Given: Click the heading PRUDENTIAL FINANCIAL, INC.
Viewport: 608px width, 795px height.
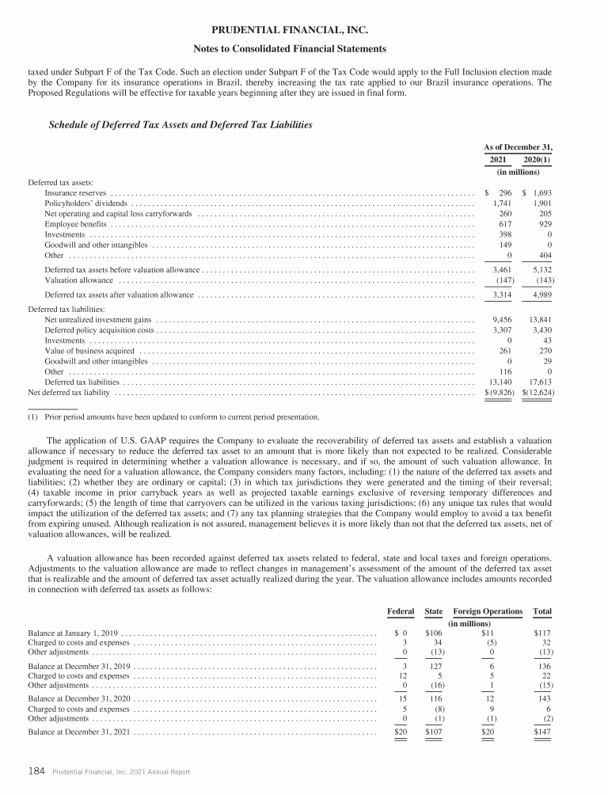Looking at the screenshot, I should click(x=304, y=30).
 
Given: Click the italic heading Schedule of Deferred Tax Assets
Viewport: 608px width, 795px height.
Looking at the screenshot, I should click(x=180, y=125).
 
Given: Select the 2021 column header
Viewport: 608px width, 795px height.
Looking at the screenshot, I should click(x=497, y=159).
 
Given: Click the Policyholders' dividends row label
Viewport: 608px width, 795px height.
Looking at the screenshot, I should click(x=82, y=204).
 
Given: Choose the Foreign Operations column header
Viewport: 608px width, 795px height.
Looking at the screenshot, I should click(x=488, y=612).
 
